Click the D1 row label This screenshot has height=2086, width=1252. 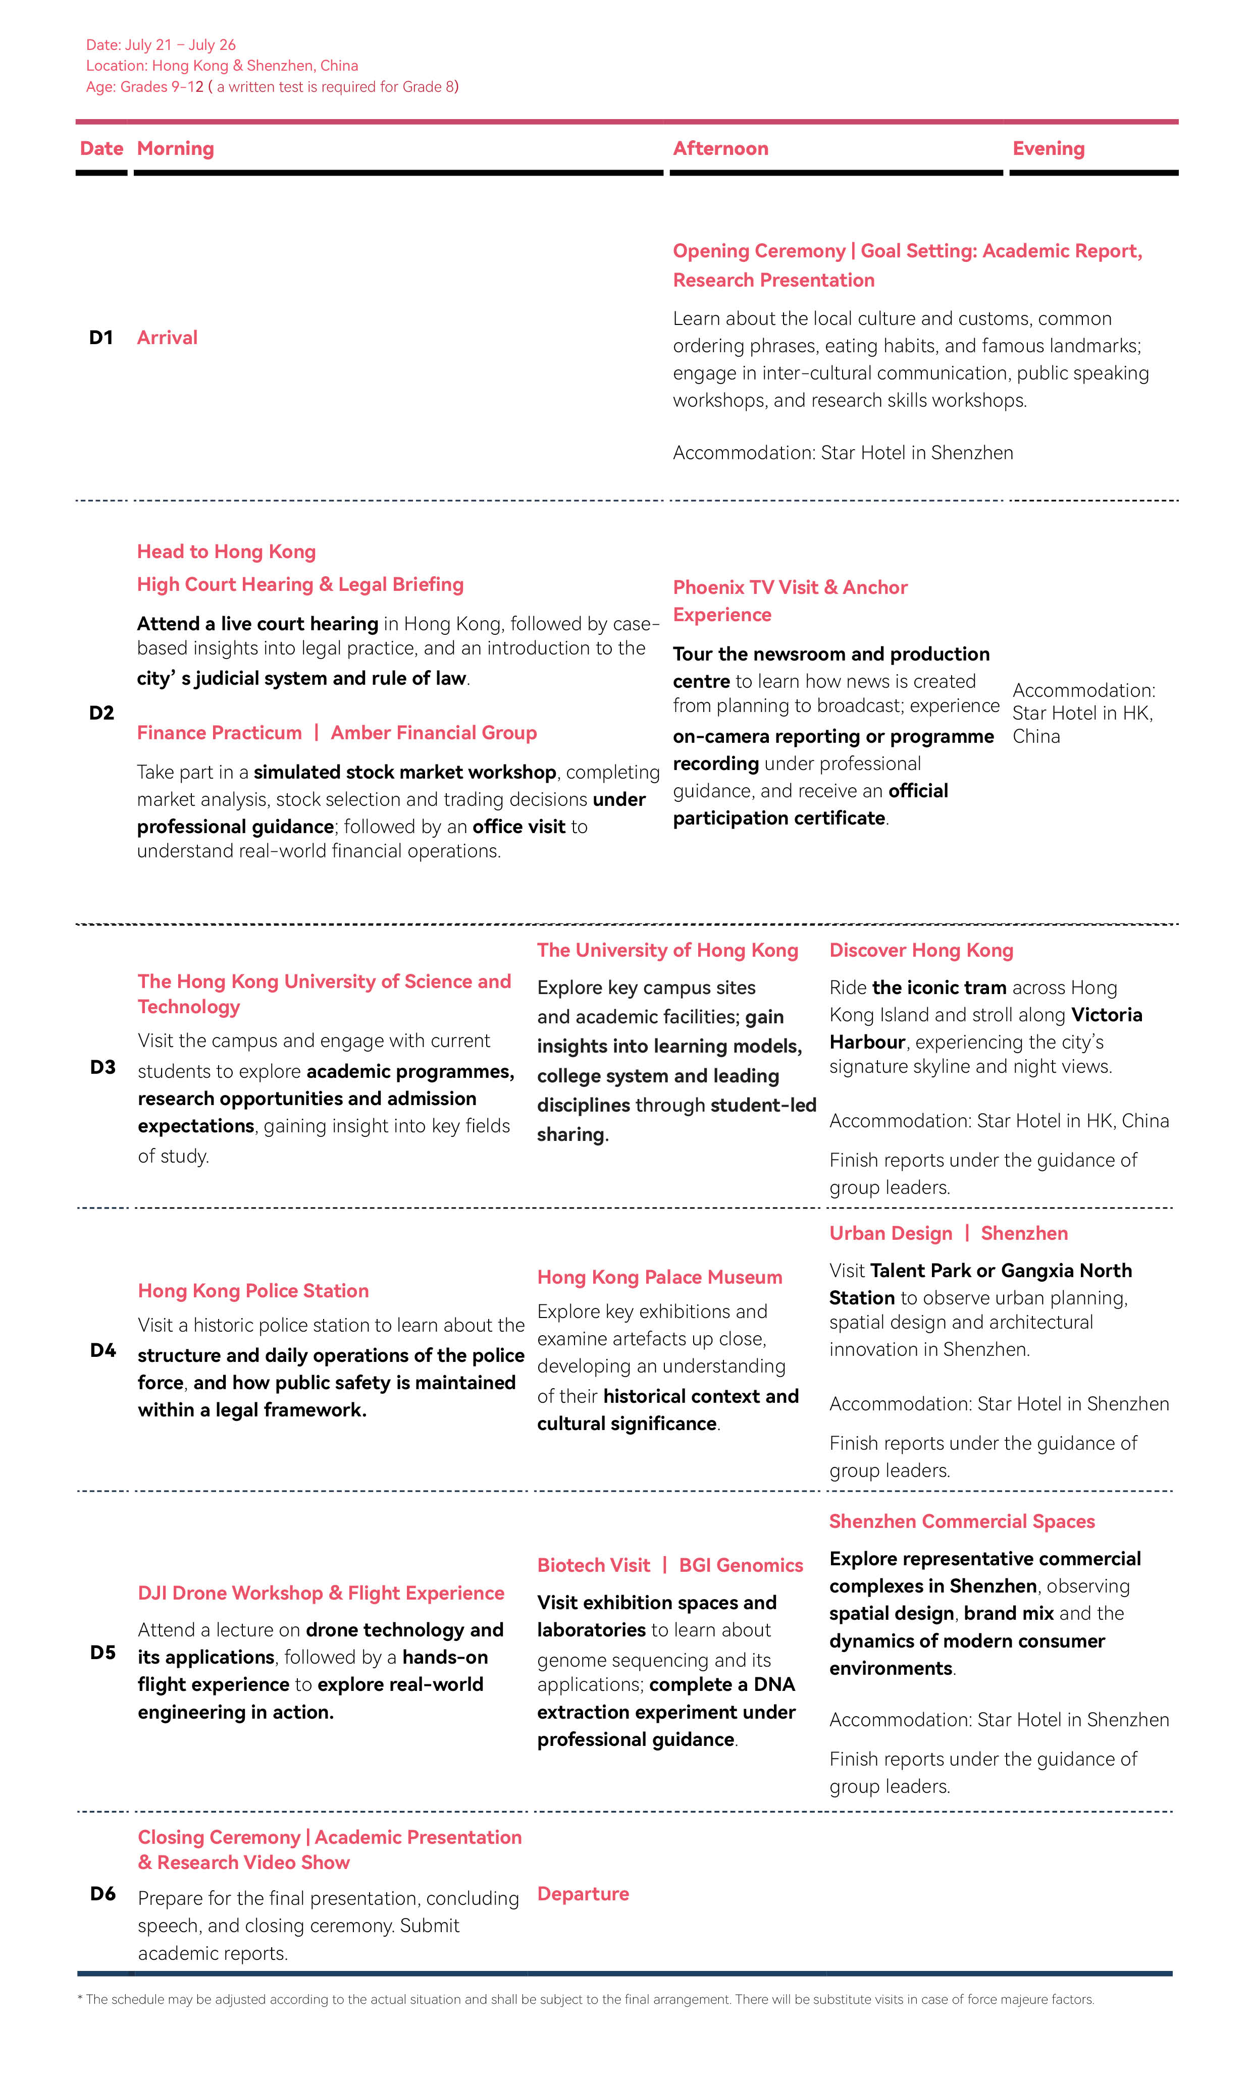101,337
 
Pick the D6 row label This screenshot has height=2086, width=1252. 103,1894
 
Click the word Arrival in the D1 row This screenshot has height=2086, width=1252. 167,337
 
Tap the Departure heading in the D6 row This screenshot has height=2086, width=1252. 583,1894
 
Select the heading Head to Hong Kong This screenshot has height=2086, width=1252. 226,552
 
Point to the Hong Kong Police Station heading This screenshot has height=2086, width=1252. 253,1290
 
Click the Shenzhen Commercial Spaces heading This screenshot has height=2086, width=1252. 962,1521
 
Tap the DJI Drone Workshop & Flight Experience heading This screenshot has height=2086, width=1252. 321,1593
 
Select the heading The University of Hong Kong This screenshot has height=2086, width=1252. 667,950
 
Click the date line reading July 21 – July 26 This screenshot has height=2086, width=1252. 161,45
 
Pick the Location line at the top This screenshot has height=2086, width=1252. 222,66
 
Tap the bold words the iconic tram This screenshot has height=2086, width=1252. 939,987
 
